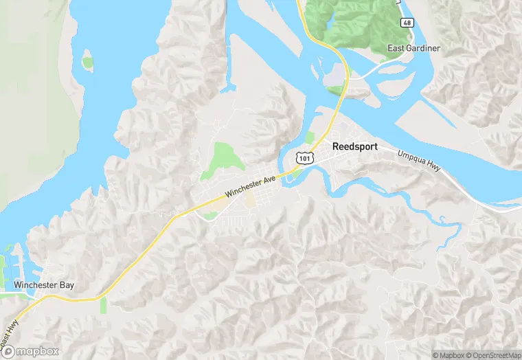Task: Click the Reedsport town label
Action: click(354, 146)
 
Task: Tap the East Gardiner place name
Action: click(413, 48)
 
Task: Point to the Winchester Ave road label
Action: click(249, 185)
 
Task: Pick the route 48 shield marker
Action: click(407, 23)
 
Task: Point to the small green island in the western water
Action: click(87, 63)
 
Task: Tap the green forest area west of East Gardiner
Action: click(350, 21)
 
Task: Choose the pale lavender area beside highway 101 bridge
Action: click(336, 81)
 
